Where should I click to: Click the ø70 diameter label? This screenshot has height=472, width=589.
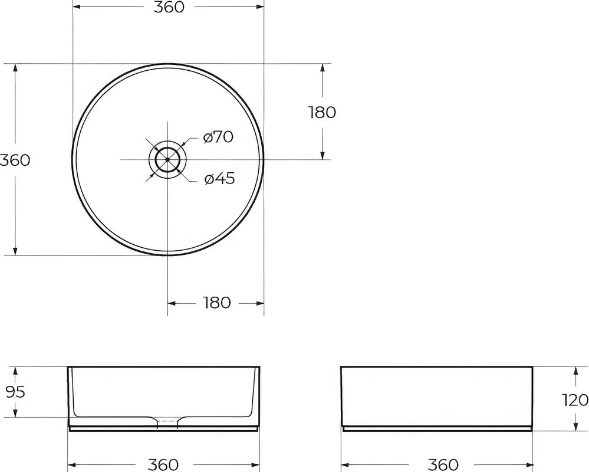tap(218, 137)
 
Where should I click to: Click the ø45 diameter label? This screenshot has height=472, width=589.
tap(220, 178)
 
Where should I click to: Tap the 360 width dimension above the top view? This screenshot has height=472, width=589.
tap(169, 6)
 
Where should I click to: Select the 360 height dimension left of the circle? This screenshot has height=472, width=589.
tap(14, 160)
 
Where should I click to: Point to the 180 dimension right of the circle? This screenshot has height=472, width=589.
tap(323, 112)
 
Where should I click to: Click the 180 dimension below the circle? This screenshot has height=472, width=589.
tap(216, 303)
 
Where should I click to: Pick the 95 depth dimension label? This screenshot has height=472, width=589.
tap(16, 392)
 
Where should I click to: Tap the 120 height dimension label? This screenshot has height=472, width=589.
tap(575, 400)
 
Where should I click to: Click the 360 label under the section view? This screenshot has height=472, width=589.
tap(163, 465)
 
